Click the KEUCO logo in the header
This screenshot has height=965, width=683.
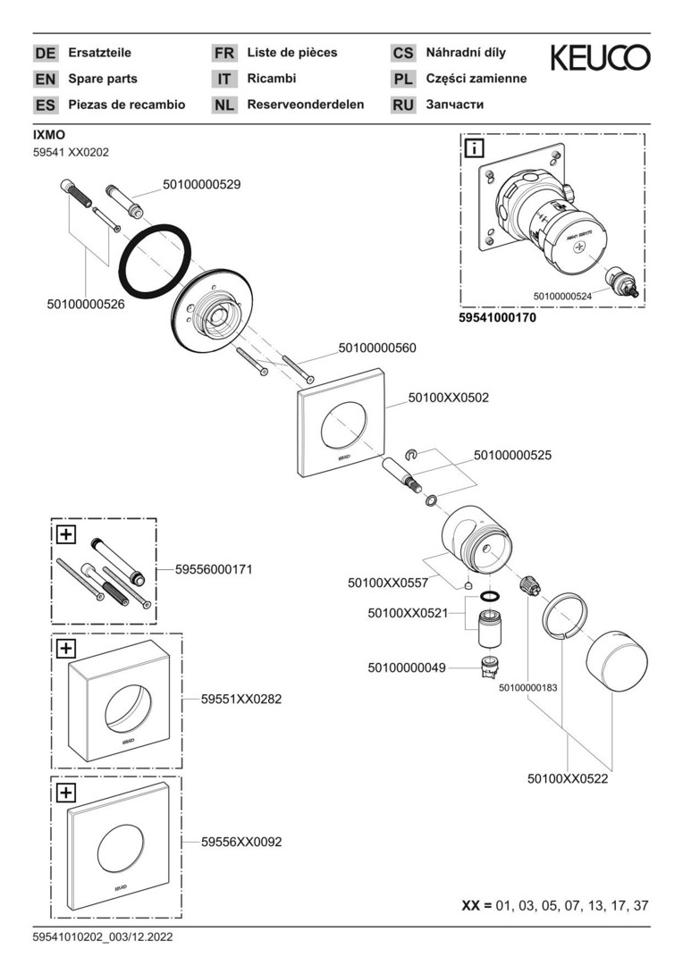click(x=600, y=58)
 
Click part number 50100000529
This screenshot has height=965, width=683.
click(x=201, y=184)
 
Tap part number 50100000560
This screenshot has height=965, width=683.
click(x=376, y=348)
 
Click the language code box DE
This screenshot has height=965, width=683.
click(x=45, y=54)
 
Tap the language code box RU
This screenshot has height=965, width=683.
click(x=403, y=105)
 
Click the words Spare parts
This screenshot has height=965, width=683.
click(x=103, y=79)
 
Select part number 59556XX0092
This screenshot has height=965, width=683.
click(x=242, y=842)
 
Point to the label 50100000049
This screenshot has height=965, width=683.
click(x=407, y=667)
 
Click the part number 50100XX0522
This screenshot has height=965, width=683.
click(x=567, y=779)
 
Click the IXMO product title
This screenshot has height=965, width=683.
click(x=48, y=135)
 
